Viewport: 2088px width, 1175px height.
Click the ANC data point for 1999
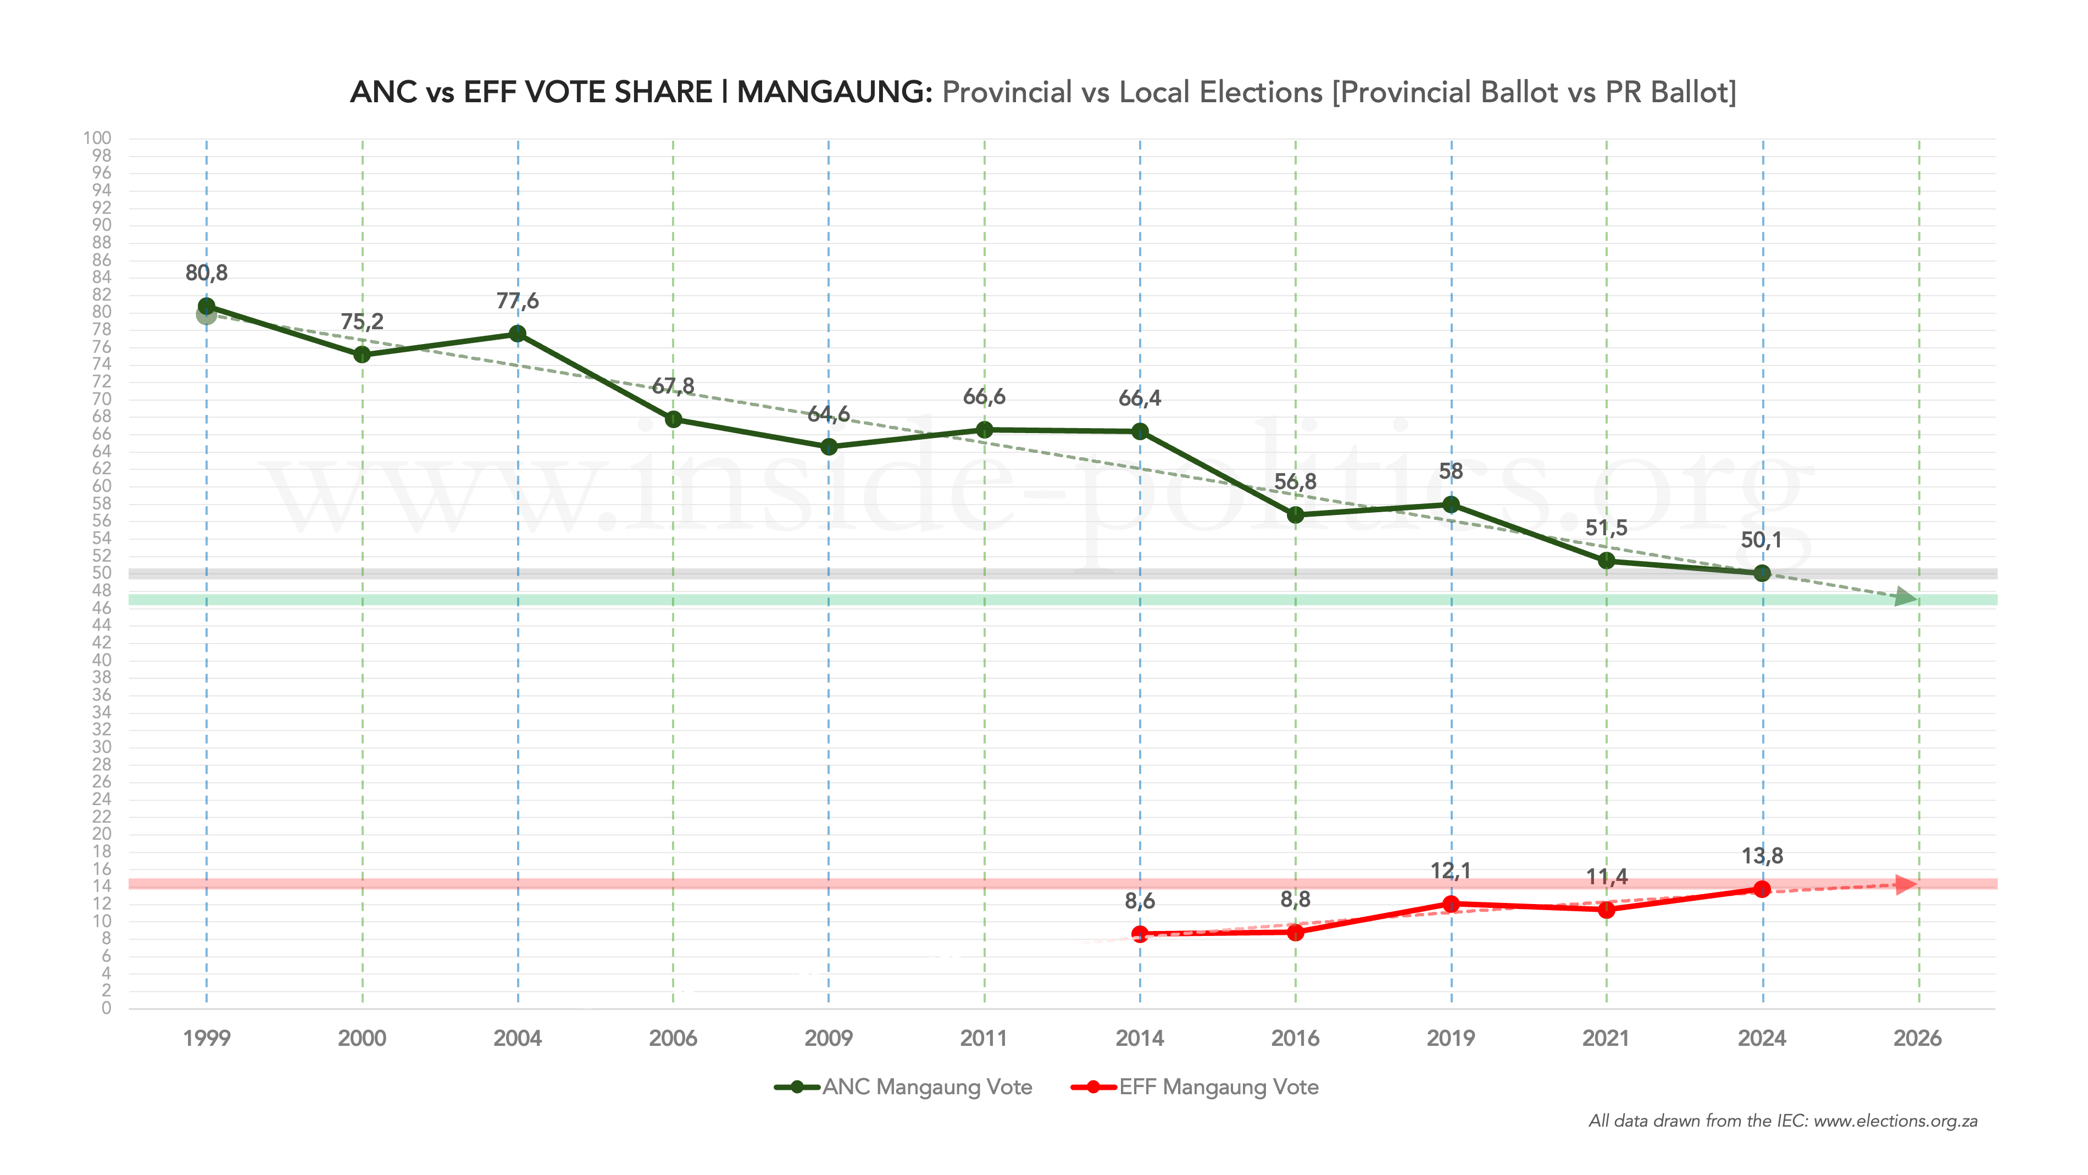(207, 307)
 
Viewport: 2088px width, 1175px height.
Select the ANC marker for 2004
(518, 334)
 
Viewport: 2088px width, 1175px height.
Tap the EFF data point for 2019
(1451, 904)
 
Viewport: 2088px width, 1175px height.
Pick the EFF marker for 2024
(1762, 890)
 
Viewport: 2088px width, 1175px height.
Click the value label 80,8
(207, 273)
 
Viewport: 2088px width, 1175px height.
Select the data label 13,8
(1762, 856)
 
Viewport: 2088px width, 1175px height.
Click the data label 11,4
(1607, 877)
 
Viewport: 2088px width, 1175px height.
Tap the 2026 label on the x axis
(1917, 1039)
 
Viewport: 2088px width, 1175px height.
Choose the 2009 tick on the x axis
(829, 1039)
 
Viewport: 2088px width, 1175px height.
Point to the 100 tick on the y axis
(97, 138)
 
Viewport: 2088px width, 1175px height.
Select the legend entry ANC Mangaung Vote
(926, 1088)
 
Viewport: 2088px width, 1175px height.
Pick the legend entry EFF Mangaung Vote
(1218, 1088)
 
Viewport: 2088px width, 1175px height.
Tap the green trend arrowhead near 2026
(1907, 598)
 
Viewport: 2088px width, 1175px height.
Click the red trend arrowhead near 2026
(1907, 884)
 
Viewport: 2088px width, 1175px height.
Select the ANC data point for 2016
(1295, 515)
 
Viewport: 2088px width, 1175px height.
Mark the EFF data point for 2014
(1140, 934)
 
